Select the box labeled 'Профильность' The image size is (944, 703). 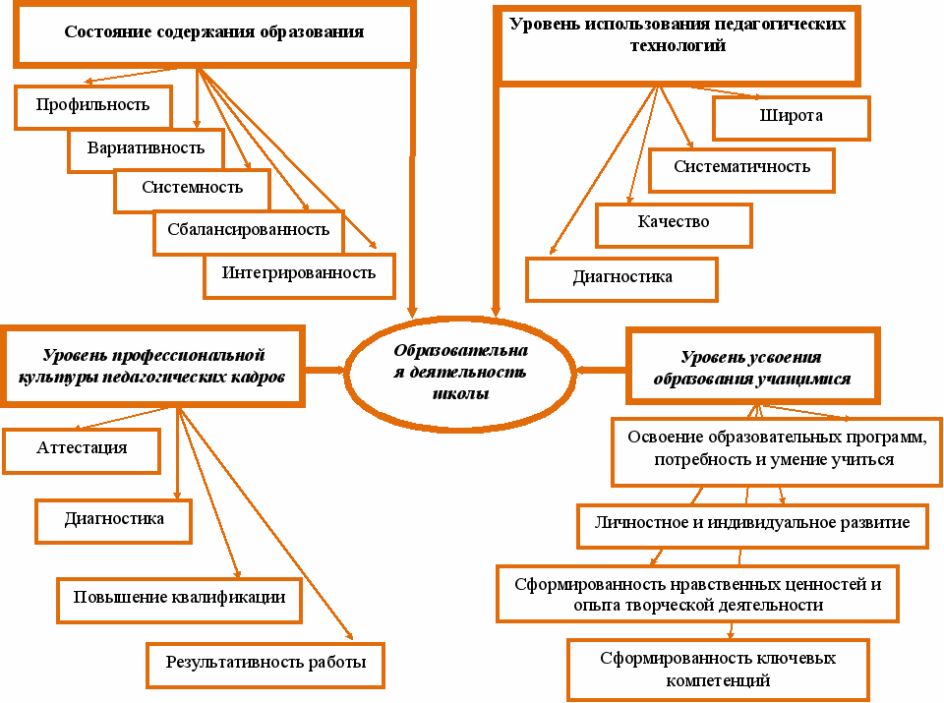point(93,105)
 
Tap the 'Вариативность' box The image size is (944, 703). point(146,148)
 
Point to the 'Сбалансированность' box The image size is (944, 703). point(248,231)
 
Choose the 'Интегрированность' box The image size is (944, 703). point(299,274)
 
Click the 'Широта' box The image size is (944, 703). point(791,117)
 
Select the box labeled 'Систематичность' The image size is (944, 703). point(741,168)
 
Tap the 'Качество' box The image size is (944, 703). point(674,223)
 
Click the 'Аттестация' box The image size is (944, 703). point(82,449)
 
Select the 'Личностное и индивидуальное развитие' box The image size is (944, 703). point(751,524)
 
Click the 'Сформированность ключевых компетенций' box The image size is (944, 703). point(718,670)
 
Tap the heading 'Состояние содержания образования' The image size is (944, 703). point(213,33)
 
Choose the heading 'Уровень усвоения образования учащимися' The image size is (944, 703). point(751,369)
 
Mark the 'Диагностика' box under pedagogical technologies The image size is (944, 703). point(621,278)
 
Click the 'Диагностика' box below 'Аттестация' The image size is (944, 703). point(114,520)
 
